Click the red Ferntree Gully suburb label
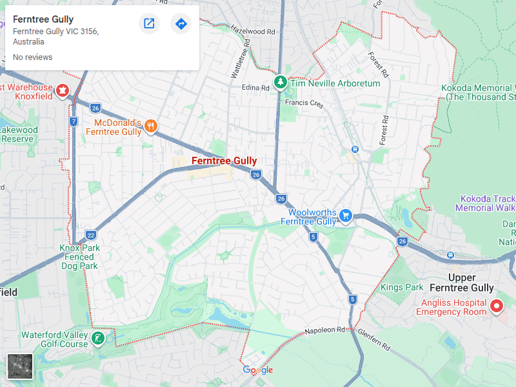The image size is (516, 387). [x=224, y=161]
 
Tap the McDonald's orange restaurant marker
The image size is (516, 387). [x=150, y=126]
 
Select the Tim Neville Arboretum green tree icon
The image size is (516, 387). [x=281, y=83]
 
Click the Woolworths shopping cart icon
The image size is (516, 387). [x=346, y=215]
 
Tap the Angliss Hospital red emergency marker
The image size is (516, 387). [x=496, y=306]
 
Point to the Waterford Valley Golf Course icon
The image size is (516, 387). [x=98, y=339]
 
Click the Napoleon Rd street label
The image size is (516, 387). [x=325, y=330]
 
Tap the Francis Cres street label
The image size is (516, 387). [x=303, y=103]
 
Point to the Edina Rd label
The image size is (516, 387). [x=255, y=88]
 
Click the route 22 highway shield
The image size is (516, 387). [x=90, y=235]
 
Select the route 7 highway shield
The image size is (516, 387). [x=74, y=121]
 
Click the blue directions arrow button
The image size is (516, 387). [x=181, y=24]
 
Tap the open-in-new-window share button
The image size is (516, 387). [x=149, y=24]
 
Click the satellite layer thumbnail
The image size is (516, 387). [x=19, y=366]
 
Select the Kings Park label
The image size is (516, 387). [x=402, y=287]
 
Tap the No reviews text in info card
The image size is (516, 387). [x=32, y=57]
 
